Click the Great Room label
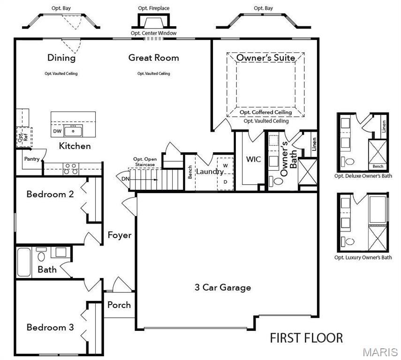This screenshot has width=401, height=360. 153,58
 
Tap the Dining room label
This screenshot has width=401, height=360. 61,58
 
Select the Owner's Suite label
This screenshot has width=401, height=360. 265,58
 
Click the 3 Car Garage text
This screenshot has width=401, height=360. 223,287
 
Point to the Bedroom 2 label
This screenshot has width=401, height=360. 50,194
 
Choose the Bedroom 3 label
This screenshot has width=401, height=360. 50,327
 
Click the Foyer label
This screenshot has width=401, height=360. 119,235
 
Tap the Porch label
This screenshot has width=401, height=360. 119,305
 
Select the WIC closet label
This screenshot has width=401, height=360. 253,159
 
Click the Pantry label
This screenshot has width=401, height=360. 32,159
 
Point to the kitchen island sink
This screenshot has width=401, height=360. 73,130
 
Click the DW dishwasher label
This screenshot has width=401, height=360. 57,131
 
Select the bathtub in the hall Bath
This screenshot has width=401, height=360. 23,262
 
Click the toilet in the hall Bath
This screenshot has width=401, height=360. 41,256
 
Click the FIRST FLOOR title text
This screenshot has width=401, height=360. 306,337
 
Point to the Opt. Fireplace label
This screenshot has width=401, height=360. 153,8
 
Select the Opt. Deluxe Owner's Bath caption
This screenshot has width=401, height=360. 363,176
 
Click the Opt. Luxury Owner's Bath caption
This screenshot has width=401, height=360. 363,257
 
